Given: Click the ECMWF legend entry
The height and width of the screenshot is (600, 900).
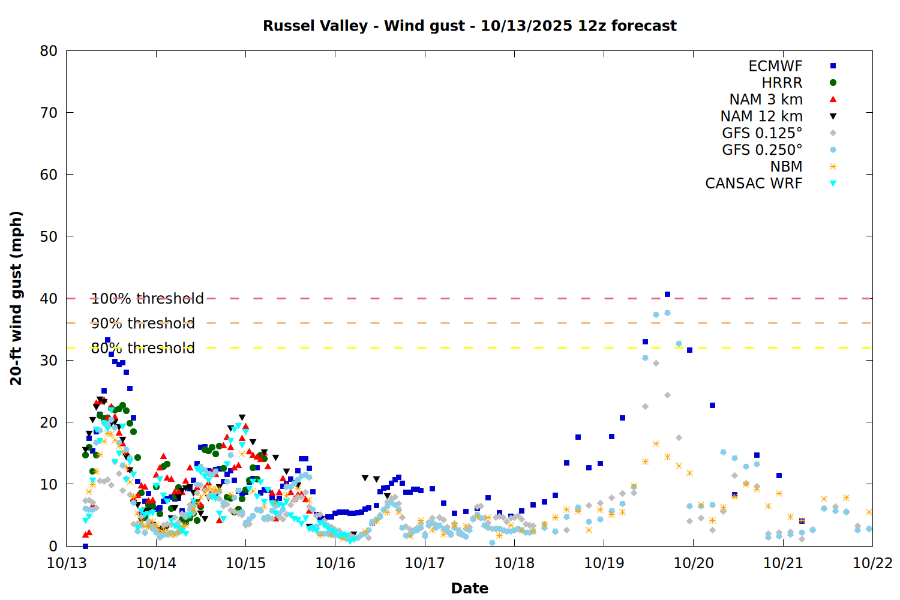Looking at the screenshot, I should coord(775,66).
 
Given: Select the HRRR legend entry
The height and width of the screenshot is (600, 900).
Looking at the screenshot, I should coord(782,83).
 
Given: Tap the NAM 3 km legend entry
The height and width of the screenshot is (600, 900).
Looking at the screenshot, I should coord(766,100).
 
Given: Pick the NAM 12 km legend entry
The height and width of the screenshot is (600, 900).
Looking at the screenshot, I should coord(761,116).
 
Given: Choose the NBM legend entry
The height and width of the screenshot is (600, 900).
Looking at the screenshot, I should coord(786,167).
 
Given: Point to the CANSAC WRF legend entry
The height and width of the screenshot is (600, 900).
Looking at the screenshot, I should coord(754,184).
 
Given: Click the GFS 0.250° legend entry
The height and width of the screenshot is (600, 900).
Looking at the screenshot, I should coord(762,150).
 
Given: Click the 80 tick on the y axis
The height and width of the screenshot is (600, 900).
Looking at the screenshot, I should coord(49,51).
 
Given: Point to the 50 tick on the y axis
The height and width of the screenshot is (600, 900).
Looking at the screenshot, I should coord(49,236).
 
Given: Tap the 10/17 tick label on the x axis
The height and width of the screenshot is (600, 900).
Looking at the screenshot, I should coord(424,563).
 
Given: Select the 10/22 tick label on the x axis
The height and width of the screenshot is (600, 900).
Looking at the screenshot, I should coord(872,563).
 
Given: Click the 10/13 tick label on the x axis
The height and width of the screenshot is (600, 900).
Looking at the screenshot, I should coord(66,563).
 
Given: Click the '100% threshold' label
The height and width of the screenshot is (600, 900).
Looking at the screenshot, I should coord(147,299).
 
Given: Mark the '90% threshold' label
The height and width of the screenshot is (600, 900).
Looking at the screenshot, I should coord(143,323).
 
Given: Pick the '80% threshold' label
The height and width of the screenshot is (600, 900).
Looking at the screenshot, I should coord(143,348).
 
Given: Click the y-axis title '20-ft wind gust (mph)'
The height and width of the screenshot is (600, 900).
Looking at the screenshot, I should coord(16,298).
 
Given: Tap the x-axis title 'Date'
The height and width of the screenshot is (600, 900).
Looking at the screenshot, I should coord(469,588).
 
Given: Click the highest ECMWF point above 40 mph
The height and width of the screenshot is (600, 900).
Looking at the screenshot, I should coord(667,295).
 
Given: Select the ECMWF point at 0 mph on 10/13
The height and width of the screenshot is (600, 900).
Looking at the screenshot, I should coord(85,546).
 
